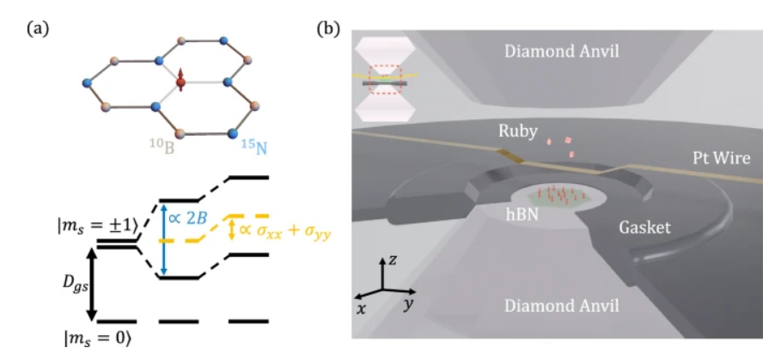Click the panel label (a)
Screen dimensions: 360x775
38,28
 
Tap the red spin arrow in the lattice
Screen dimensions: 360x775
181,81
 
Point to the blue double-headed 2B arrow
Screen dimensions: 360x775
165,240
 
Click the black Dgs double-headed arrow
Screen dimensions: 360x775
92,284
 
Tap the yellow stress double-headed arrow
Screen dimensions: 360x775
229,229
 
